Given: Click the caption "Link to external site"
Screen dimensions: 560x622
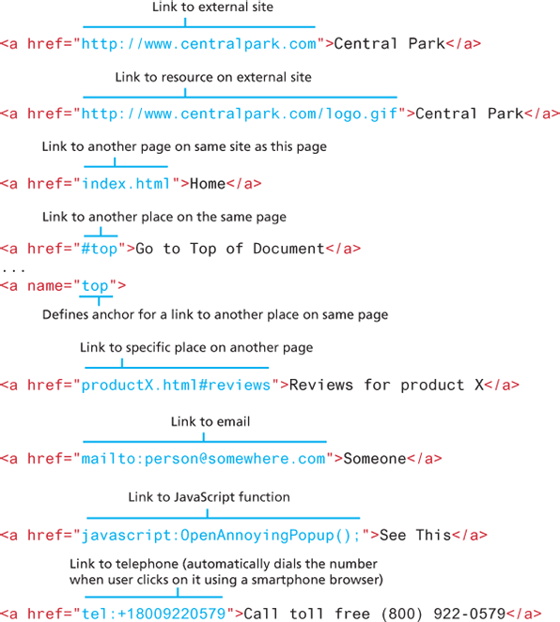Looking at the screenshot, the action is click(x=212, y=8).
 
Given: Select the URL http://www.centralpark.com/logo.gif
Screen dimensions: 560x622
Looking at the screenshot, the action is click(x=240, y=114).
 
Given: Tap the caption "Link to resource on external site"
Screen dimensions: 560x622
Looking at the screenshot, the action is click(x=213, y=77).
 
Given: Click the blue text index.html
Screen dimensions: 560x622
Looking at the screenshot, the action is click(x=126, y=184).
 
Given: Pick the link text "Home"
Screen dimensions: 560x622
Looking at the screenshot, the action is click(x=208, y=184).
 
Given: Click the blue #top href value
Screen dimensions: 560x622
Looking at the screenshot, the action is click(x=100, y=250).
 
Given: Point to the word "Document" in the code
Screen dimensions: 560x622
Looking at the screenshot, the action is click(x=288, y=249).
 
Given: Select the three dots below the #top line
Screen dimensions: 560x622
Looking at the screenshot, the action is click(x=13, y=270).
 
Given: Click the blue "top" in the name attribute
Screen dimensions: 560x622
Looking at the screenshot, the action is click(x=95, y=286).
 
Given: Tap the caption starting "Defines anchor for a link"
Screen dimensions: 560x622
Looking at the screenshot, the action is click(x=215, y=314).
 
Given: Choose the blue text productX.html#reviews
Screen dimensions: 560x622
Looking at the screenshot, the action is click(x=176, y=386).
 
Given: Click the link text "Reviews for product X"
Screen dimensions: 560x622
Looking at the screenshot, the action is click(x=386, y=386).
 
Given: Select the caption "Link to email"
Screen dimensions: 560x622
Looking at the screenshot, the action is click(x=210, y=421).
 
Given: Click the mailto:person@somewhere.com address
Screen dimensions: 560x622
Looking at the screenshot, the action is click(x=203, y=459).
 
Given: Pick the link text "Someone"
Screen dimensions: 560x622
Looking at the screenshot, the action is click(x=375, y=459).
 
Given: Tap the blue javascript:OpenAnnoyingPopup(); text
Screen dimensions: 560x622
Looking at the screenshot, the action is click(x=221, y=536).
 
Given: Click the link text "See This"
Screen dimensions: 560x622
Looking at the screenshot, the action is click(x=415, y=535).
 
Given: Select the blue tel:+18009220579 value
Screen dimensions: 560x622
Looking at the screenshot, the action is click(x=153, y=614).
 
